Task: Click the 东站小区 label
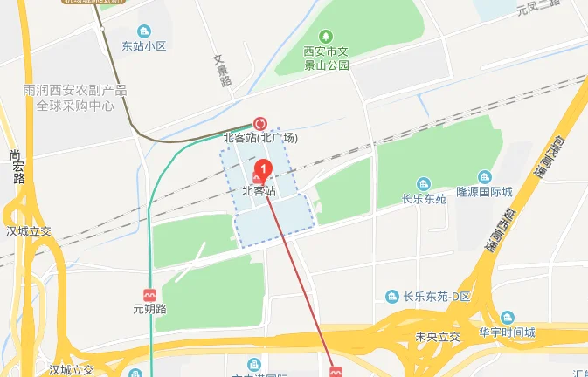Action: [144, 46]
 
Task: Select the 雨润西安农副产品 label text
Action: [76, 90]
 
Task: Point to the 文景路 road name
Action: [224, 71]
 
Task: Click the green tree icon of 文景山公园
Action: [325, 37]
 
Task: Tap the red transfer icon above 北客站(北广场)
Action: [259, 124]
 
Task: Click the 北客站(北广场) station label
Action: [260, 138]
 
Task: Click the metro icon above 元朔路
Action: [149, 295]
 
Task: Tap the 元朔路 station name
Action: [149, 309]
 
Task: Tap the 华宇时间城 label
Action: [507, 332]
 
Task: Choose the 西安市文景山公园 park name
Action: [325, 58]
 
